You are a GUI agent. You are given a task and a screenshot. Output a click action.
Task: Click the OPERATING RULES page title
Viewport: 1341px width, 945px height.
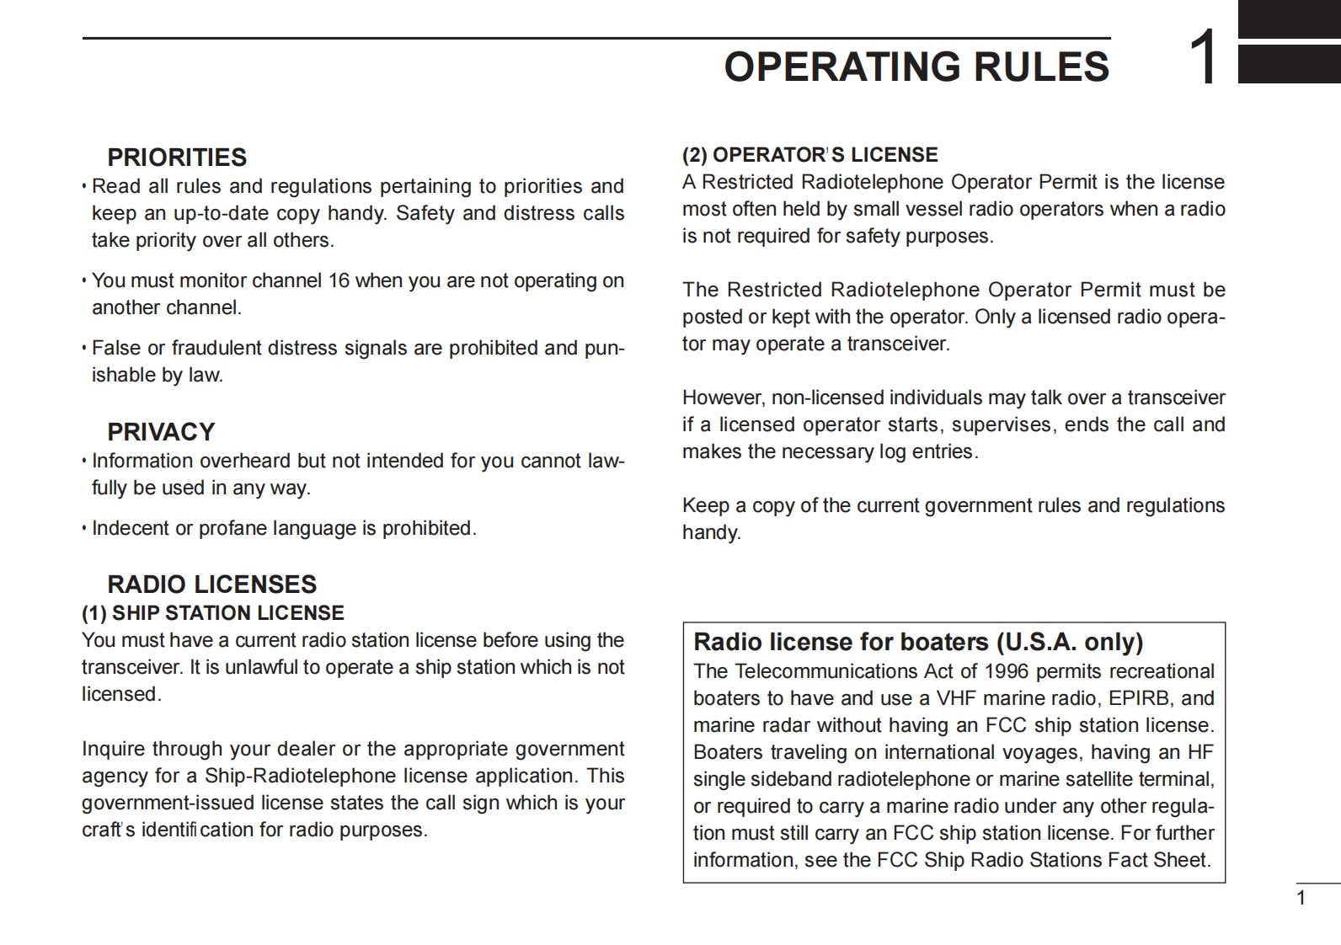(x=916, y=67)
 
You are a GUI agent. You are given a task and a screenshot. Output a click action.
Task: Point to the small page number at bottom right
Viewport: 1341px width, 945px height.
(x=1301, y=898)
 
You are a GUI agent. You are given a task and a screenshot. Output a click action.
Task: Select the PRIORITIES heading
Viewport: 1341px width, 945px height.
(x=177, y=157)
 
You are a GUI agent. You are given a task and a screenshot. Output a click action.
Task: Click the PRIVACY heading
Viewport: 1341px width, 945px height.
(x=161, y=432)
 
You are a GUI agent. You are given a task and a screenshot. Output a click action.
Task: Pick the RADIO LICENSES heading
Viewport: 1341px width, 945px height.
(x=212, y=585)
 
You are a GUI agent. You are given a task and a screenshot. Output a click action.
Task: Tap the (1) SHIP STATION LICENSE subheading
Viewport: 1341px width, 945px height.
(x=213, y=613)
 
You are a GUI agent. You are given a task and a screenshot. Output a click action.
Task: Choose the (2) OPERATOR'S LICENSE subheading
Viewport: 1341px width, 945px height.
(x=809, y=155)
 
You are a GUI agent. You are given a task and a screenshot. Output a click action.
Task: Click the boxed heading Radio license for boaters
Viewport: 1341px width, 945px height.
(x=918, y=643)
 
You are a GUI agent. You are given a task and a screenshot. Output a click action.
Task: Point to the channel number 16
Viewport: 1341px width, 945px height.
(x=339, y=280)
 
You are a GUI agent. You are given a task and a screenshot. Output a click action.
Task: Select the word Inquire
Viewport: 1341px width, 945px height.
(x=113, y=749)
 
